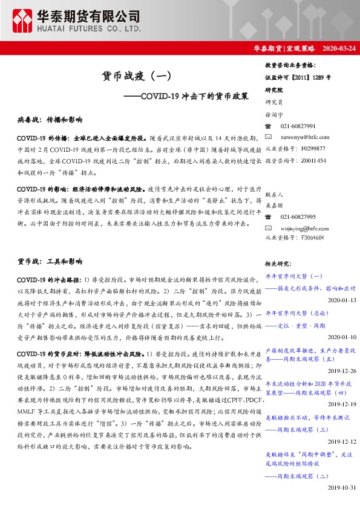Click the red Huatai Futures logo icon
22,21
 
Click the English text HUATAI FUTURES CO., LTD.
92,28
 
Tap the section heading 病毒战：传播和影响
50,120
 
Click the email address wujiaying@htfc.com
304,227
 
